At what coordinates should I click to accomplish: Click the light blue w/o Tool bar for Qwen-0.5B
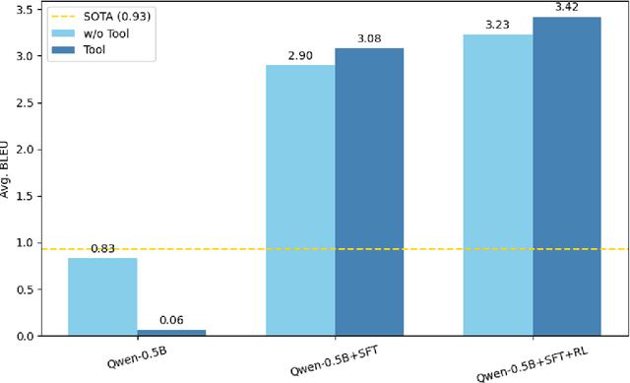102,296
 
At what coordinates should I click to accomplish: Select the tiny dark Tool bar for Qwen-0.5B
171,333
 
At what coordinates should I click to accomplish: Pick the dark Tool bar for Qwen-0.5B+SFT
369,192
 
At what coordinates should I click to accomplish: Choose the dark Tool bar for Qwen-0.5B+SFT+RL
567,176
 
